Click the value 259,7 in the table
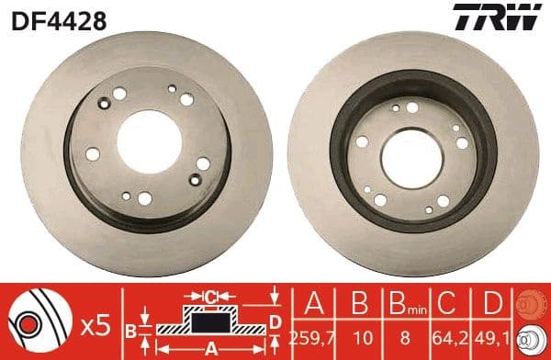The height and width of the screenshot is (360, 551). click(x=315, y=336)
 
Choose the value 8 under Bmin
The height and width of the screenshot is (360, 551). click(x=404, y=336)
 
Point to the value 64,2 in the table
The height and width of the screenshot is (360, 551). click(x=447, y=336)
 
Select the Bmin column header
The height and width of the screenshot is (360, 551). click(x=404, y=302)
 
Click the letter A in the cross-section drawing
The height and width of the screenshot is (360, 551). click(x=210, y=348)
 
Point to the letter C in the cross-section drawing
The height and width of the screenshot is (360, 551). click(x=210, y=296)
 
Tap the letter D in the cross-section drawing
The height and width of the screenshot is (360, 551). click(x=275, y=320)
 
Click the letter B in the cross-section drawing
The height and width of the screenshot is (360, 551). click(x=131, y=330)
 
